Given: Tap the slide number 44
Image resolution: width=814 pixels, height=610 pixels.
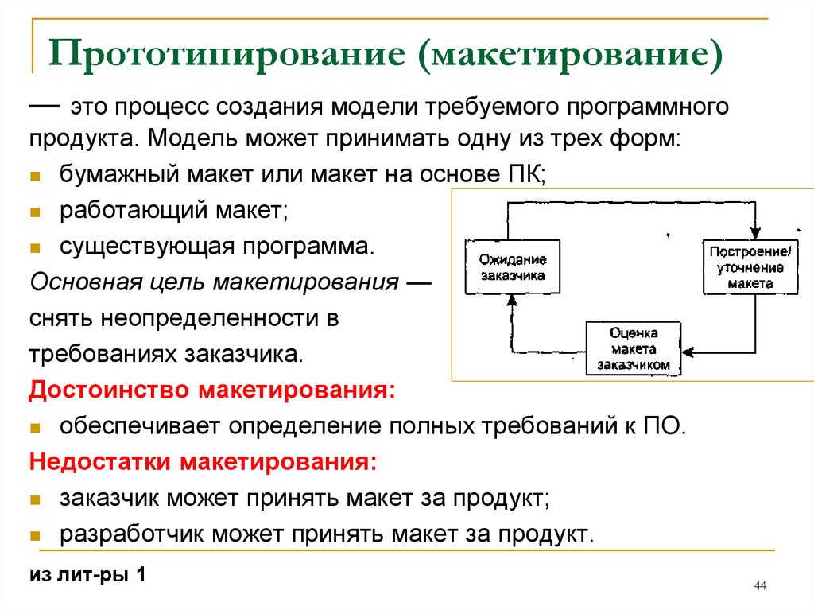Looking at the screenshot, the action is pos(760,585).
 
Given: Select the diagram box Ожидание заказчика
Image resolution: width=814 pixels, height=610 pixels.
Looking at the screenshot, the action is pos(513,267).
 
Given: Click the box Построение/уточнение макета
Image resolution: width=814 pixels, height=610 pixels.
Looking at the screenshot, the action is pos(750,267).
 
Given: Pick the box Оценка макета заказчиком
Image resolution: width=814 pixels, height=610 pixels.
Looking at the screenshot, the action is pos(634,348).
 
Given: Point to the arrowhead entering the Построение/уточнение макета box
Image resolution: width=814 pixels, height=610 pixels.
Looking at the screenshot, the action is pos(755,233).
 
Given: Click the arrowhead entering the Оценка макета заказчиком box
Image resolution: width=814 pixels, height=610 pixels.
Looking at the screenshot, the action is pos(688,352).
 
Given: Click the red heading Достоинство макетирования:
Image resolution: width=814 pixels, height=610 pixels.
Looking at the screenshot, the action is pos(212,390).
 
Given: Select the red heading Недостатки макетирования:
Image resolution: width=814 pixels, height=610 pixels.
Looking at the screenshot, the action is pos(203,461).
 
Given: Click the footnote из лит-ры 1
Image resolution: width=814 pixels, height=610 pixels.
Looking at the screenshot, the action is pos(87,574).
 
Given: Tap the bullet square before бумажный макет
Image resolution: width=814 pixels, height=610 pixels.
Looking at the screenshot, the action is pos(35,176).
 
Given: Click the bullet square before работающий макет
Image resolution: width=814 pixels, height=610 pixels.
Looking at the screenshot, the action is pos(35,212).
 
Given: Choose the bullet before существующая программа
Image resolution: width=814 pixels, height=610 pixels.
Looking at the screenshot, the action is pos(35,248).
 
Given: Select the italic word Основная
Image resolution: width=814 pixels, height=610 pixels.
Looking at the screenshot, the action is pos(86,282).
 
